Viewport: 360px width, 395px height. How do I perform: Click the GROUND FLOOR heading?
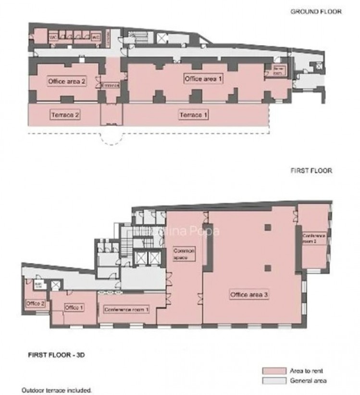(316, 12)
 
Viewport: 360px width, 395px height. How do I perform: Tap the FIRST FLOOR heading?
(311, 170)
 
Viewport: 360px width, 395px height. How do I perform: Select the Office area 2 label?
(67, 81)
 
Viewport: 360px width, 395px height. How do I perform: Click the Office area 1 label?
(203, 78)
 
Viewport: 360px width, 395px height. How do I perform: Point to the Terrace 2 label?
(64, 115)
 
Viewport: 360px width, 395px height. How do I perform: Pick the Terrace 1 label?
(194, 115)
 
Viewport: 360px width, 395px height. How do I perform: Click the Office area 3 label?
(249, 295)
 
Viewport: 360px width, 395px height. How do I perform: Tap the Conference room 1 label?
(126, 309)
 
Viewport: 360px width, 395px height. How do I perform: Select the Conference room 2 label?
(314, 239)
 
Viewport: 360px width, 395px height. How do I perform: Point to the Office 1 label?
(74, 307)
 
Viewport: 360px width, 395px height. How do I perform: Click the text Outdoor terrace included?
(57, 390)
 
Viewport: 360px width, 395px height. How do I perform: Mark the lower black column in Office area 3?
(269, 268)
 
